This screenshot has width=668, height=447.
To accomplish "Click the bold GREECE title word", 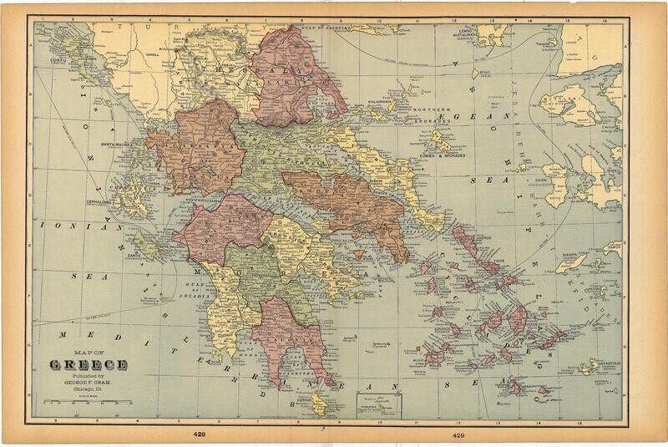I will coord(88,365).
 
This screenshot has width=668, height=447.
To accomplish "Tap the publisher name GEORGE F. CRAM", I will coord(89,382).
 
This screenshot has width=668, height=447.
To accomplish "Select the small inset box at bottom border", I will coord(379,404).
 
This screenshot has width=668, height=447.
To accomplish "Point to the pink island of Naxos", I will coord(518,317).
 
